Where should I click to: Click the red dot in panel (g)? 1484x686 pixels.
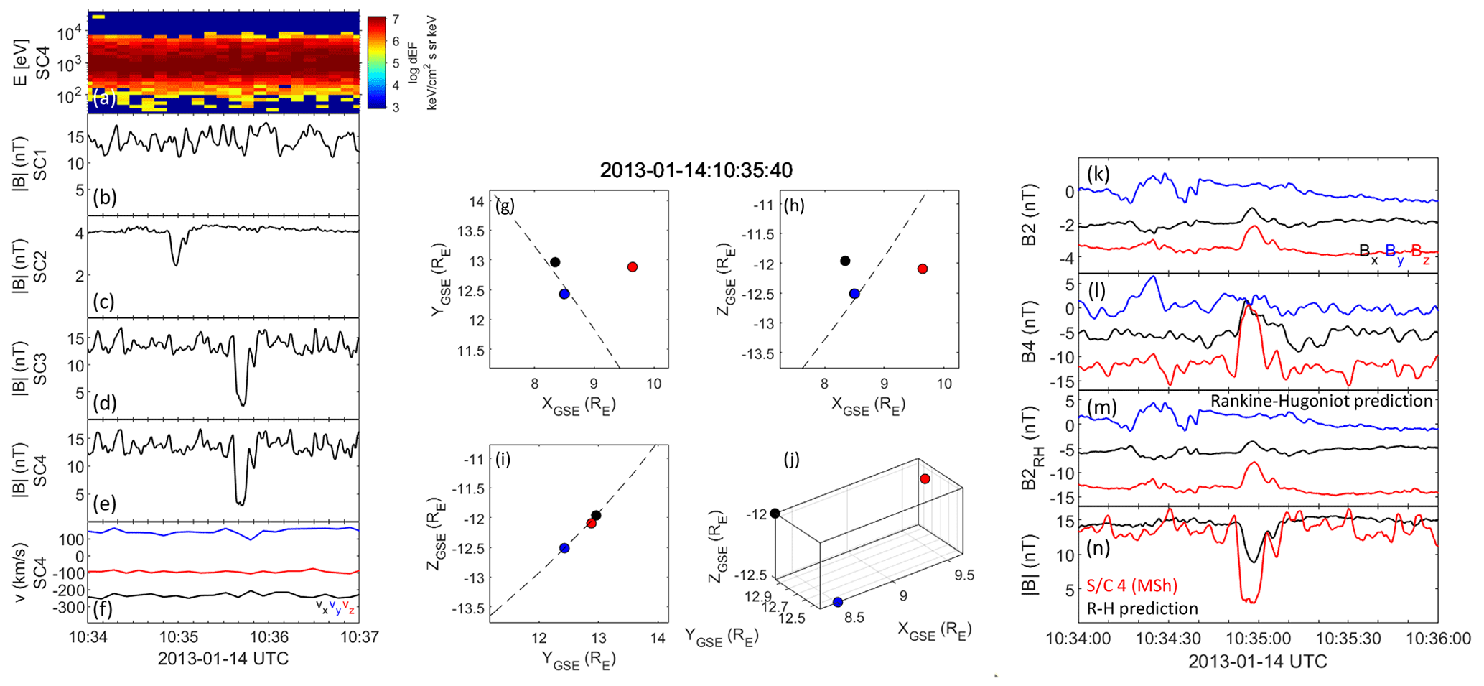(632, 267)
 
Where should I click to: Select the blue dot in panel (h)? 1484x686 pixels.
(854, 294)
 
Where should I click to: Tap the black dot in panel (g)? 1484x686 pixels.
(555, 262)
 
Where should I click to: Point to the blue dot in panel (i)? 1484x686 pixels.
(564, 548)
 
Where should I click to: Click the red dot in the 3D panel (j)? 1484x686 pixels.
(925, 479)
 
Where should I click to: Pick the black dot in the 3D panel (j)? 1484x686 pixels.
(775, 513)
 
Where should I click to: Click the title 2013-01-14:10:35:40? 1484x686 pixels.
(696, 170)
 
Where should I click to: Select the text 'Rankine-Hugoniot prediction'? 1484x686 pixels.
(1321, 401)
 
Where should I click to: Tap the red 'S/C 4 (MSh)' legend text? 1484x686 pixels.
(1132, 585)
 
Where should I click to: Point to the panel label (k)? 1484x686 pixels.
(1098, 173)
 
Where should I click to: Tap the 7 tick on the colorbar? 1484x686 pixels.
(396, 19)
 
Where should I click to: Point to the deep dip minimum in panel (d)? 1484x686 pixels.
(243, 404)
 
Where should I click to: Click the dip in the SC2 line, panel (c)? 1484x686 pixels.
(176, 264)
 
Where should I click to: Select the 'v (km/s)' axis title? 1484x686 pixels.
(22, 572)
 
